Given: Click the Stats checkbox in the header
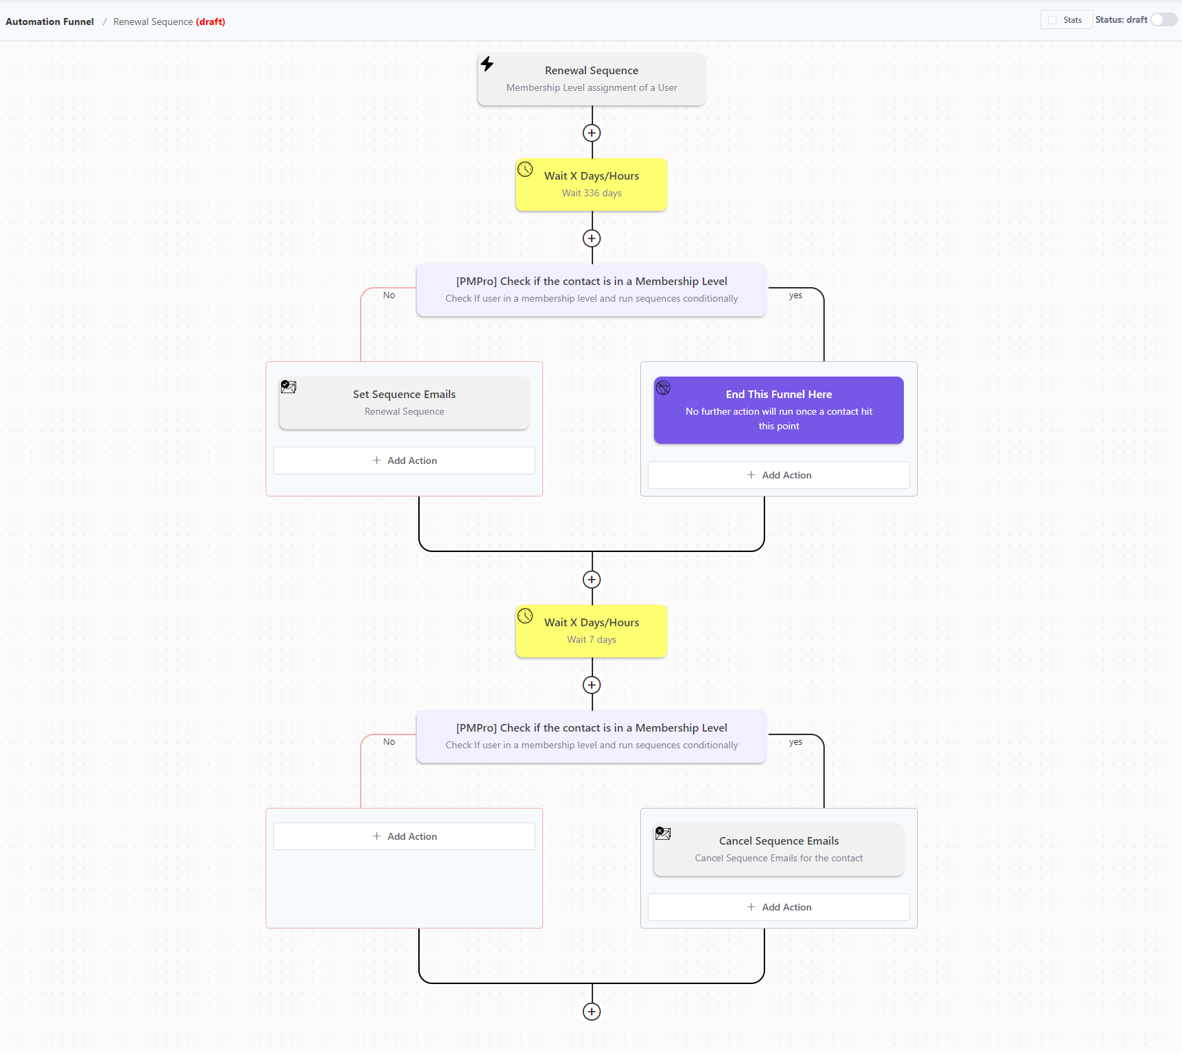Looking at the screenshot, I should pyautogui.click(x=1052, y=20).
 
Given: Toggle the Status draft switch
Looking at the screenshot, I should pyautogui.click(x=1163, y=20).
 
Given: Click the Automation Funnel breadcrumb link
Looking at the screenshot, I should pyautogui.click(x=50, y=21).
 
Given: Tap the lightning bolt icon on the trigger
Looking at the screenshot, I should pyautogui.click(x=487, y=64).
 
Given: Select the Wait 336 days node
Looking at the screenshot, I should pyautogui.click(x=591, y=184).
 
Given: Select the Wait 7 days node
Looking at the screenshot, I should pyautogui.click(x=591, y=631).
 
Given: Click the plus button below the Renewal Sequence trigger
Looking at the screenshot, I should pyautogui.click(x=592, y=133).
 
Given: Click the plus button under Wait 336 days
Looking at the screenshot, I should pyautogui.click(x=592, y=239).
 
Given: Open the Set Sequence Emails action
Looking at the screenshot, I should pyautogui.click(x=404, y=402).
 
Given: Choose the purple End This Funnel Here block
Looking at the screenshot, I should pyautogui.click(x=778, y=410).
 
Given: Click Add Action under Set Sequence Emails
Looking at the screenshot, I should pyautogui.click(x=404, y=460).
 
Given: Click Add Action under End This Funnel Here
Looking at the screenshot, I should pyautogui.click(x=778, y=475).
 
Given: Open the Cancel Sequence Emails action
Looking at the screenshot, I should pyautogui.click(x=778, y=849).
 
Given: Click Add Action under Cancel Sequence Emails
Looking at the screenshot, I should pyautogui.click(x=778, y=907).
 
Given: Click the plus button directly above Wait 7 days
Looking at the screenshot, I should pyautogui.click(x=592, y=580).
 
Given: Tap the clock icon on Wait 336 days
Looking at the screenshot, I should pyautogui.click(x=525, y=169).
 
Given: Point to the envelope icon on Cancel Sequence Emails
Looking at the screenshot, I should pyautogui.click(x=663, y=834).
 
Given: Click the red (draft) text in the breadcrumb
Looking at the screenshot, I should pyautogui.click(x=211, y=21).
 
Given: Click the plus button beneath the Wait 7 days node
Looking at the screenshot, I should pyautogui.click(x=592, y=685).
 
